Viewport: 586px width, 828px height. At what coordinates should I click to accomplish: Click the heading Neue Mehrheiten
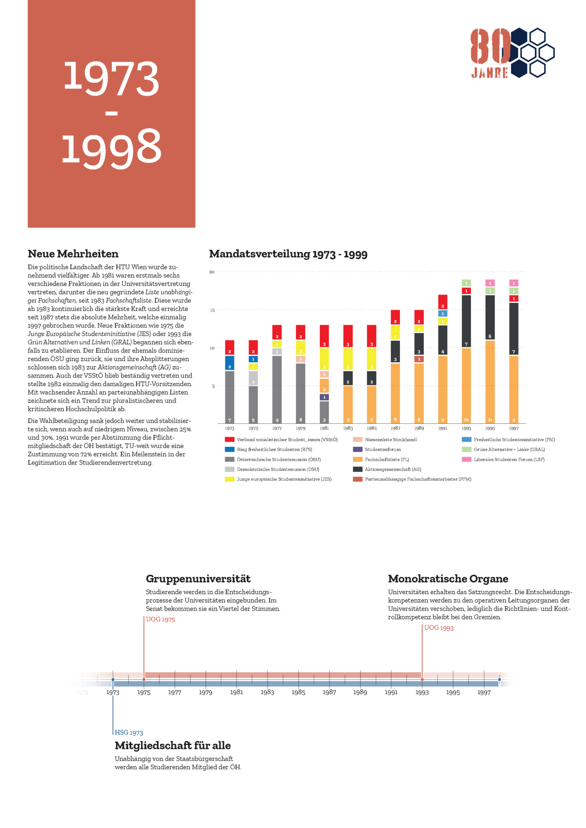coord(73,254)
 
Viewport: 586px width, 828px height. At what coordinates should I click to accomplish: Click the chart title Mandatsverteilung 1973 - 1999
coord(288,254)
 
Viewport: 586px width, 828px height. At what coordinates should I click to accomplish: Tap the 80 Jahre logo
coord(512,53)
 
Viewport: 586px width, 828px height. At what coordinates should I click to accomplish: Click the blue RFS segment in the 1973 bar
coord(229,363)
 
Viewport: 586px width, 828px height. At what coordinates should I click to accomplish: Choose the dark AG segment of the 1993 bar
coord(466,321)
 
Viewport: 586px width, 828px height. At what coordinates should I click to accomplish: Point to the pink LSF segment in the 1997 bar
coord(514,283)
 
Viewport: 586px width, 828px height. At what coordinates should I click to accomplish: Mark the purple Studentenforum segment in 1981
coord(324,397)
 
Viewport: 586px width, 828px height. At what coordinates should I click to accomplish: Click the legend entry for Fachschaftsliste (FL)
coord(386,459)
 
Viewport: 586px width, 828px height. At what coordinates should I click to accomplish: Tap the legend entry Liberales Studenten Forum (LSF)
coord(509,459)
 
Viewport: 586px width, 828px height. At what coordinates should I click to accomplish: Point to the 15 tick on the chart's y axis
coord(212,310)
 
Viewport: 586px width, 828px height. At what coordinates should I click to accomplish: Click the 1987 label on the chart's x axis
coord(395,428)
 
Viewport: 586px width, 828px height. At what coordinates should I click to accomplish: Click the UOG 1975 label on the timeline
coord(160,619)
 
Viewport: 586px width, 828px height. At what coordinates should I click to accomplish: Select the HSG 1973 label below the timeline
coord(129,733)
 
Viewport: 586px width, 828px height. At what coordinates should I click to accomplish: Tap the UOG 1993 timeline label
coord(439,628)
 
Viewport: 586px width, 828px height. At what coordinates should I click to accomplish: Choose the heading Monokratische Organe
coord(448,579)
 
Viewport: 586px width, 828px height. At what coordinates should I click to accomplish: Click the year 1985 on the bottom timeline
coord(298,692)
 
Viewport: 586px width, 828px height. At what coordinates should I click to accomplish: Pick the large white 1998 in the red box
coord(111,146)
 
